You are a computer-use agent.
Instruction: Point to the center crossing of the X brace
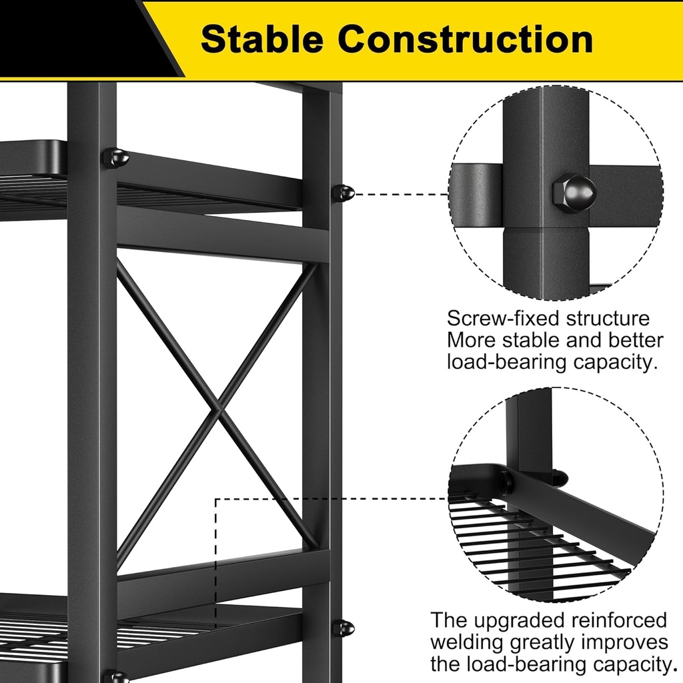[x=217, y=406]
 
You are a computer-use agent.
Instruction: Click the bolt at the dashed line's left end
[x=344, y=193]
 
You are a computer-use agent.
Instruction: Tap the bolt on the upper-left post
[x=115, y=158]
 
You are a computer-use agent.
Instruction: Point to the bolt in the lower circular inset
[x=505, y=482]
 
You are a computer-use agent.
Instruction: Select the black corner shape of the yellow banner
[x=80, y=37]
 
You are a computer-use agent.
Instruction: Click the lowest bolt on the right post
[x=344, y=628]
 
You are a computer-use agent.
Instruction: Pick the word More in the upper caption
[x=470, y=340]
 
